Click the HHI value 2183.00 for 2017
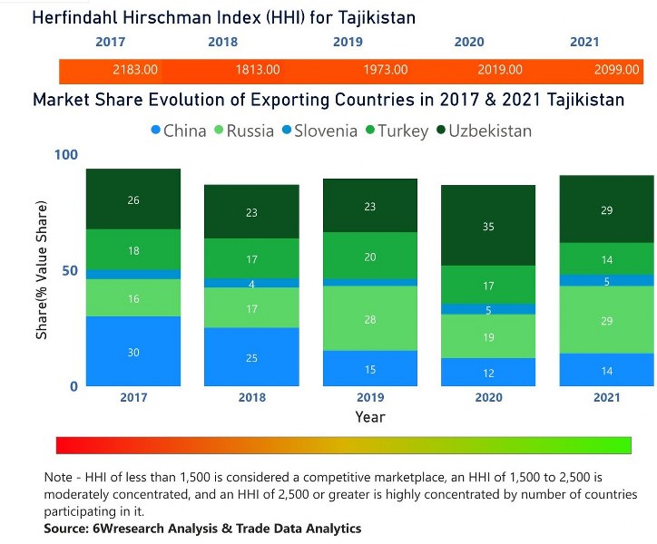tap(135, 70)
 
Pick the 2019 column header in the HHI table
tap(348, 42)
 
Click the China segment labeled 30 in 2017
tap(133, 351)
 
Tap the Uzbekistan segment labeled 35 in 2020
tap(488, 226)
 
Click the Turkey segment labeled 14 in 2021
tap(607, 258)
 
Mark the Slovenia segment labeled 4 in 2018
tap(250, 283)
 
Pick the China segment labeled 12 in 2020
tap(488, 372)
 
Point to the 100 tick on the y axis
tap(67, 155)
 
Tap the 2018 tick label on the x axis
tap(250, 397)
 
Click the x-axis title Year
tap(369, 417)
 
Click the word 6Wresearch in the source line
tap(133, 529)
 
